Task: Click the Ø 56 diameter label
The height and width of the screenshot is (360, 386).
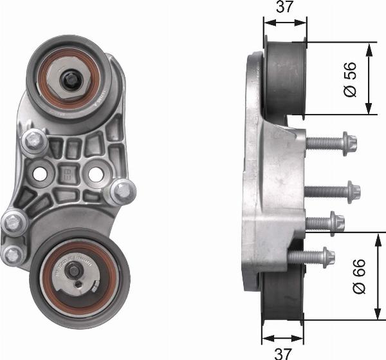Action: tap(350, 79)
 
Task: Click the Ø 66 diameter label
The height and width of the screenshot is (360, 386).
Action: tap(359, 276)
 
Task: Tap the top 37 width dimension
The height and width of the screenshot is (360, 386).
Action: tap(285, 6)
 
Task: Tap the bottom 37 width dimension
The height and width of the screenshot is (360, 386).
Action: tap(283, 354)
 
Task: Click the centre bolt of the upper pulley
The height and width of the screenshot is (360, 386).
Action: tap(69, 80)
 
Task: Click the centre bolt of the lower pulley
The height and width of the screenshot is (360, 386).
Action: tap(73, 271)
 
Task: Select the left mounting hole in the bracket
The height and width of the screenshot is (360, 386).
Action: tap(40, 175)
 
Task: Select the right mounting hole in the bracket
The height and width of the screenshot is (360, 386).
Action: tap(96, 175)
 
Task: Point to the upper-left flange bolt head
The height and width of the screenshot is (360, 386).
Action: tap(34, 141)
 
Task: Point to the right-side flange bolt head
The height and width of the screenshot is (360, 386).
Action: tap(123, 192)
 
